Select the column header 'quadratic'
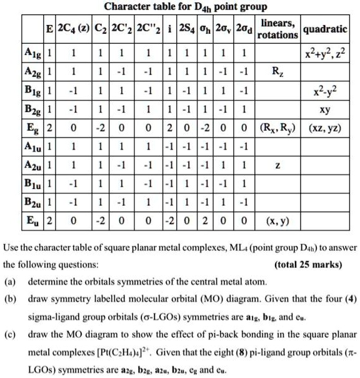327,29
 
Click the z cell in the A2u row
278,165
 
